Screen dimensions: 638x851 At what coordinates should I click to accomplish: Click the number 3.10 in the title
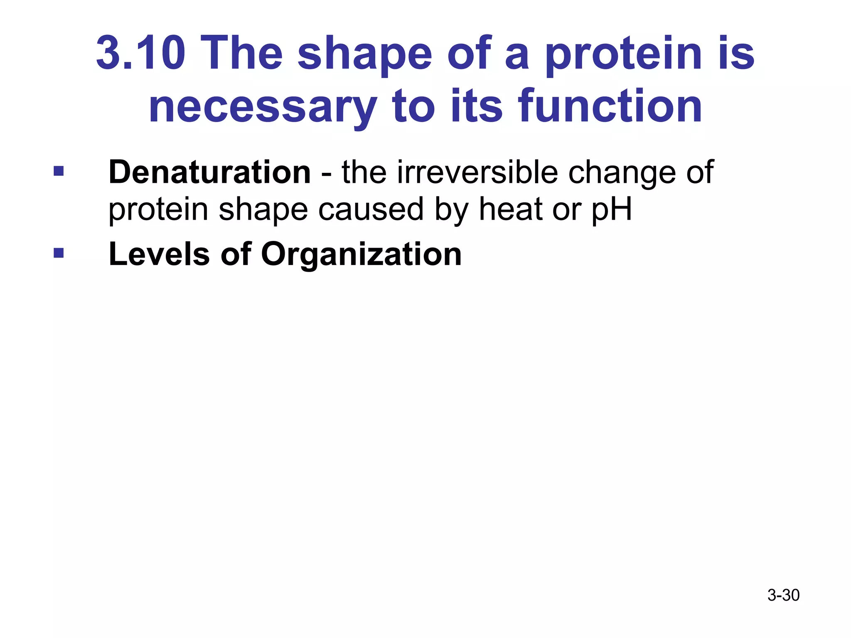coord(140,53)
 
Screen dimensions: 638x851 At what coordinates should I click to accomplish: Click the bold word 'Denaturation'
coord(209,172)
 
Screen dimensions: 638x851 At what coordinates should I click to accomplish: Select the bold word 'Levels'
coord(159,254)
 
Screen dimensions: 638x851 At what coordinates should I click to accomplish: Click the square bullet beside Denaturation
coord(59,171)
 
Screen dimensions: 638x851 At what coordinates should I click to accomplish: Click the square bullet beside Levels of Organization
coord(59,253)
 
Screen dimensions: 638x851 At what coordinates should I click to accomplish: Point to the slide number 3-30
coord(783,595)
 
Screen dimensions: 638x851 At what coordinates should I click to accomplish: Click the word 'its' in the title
coord(476,107)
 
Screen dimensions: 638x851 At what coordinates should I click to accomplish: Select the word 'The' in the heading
coord(243,53)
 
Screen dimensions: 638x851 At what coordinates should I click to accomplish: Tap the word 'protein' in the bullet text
coord(158,210)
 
